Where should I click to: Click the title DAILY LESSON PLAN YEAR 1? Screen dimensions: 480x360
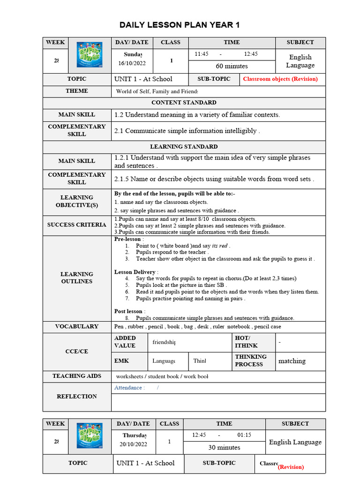(180, 25)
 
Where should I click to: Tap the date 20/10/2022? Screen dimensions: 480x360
(133, 444)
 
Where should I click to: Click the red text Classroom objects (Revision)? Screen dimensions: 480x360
(280, 79)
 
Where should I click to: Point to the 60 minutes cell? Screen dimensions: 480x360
(232, 66)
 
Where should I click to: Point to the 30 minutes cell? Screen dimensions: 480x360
(224, 447)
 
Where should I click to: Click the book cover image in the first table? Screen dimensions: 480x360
(89, 55)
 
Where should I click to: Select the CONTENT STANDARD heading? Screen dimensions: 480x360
(184, 103)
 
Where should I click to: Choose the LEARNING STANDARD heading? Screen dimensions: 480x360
(184, 147)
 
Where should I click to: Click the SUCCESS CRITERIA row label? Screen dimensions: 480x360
(77, 225)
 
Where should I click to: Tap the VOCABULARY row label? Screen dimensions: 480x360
(77, 327)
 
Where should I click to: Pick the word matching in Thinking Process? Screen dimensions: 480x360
(292, 361)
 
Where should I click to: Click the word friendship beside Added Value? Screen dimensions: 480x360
(164, 342)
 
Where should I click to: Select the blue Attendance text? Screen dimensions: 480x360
(129, 388)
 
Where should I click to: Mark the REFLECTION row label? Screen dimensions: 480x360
(77, 397)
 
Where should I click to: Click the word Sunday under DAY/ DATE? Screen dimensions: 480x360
(133, 55)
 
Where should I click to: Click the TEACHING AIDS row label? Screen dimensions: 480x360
(77, 376)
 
